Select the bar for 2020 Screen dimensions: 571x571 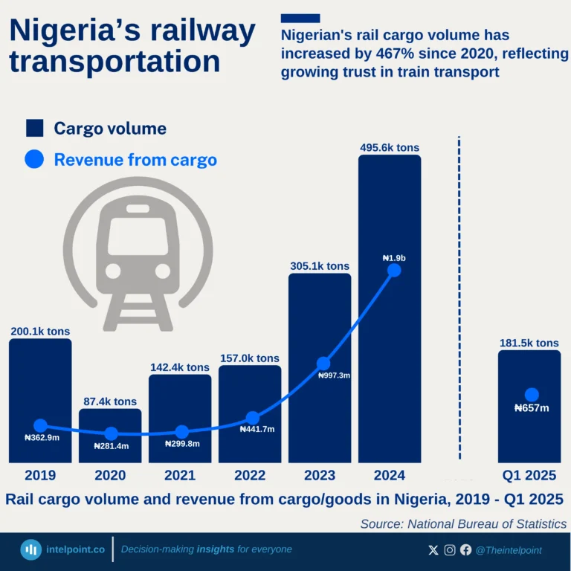pos(110,446)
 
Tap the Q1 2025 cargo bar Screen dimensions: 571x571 pos(529,431)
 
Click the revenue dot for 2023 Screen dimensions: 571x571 pos(323,363)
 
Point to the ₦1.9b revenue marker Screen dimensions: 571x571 pos(395,271)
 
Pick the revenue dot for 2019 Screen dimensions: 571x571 pos(40,426)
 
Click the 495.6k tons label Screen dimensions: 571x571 pos(389,148)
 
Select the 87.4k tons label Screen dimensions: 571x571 pos(109,401)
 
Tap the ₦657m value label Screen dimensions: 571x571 pos(531,408)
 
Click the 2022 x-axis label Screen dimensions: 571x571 pos(250,476)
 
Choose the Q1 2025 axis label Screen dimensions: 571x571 pos(529,476)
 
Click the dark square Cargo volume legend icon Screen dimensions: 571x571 pos(35,128)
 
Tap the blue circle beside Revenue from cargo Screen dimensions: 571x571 pos(35,159)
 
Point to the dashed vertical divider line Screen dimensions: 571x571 pos(459,297)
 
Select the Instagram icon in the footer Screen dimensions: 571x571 pos(450,550)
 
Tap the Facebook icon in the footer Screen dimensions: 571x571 pos(465,550)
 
